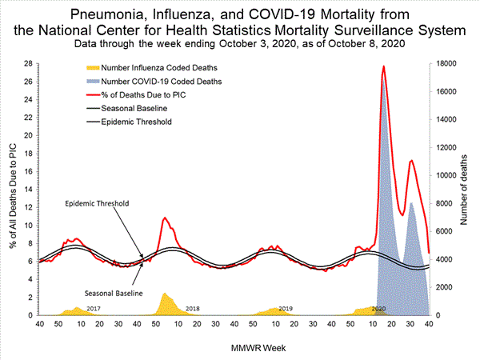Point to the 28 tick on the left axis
28,64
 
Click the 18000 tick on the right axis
447,64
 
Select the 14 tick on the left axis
28,190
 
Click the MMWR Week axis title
237,348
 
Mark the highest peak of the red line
384,66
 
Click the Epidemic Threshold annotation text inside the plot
96,204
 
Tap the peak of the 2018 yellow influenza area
165,294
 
